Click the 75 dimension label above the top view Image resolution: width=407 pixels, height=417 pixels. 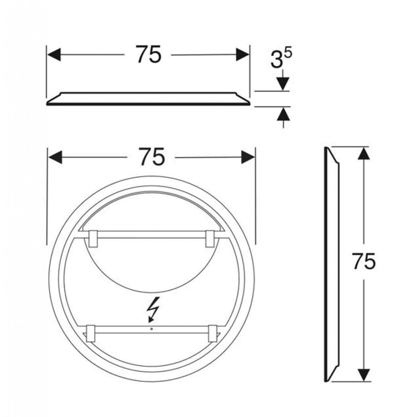click(x=148, y=54)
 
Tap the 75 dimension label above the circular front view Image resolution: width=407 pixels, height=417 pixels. click(x=152, y=157)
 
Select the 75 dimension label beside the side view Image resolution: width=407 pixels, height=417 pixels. click(x=364, y=261)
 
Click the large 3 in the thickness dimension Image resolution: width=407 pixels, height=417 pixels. click(x=276, y=59)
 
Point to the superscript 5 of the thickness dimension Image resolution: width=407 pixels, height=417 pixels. click(x=288, y=53)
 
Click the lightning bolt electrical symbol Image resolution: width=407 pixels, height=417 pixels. click(x=153, y=309)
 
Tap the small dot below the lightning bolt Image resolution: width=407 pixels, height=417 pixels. click(x=152, y=329)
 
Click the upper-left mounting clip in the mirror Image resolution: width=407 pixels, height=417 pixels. click(x=93, y=239)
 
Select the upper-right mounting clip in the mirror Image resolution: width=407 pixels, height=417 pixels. click(x=210, y=239)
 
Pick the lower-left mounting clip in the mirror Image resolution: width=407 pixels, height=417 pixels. click(x=91, y=334)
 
